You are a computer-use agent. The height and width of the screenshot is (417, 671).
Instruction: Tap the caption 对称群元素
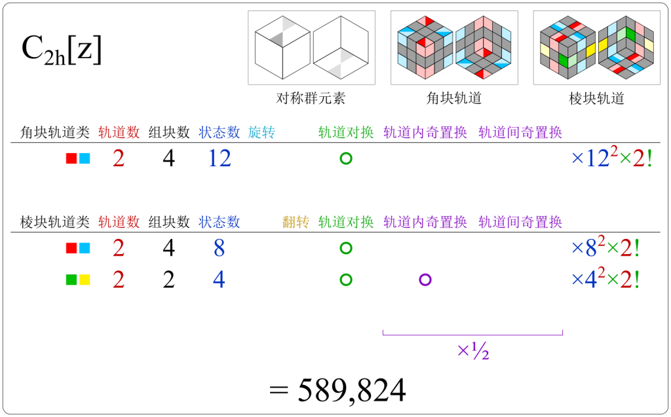click(311, 99)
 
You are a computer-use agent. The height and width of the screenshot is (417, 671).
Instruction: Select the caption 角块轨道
click(454, 99)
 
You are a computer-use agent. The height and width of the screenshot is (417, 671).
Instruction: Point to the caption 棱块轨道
click(597, 99)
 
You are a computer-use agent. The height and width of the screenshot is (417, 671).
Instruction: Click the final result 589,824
click(337, 390)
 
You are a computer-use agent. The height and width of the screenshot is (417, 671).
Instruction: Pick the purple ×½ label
click(473, 352)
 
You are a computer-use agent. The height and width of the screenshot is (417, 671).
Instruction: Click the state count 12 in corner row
click(219, 158)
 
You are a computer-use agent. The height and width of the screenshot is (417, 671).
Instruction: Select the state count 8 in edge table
click(219, 249)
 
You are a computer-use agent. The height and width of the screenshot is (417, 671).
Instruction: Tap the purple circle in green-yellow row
click(425, 280)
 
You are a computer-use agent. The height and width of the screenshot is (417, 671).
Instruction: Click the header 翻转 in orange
click(296, 222)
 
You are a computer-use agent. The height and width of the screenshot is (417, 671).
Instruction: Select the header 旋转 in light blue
click(261, 132)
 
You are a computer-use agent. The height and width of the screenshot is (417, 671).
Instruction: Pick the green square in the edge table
click(71, 280)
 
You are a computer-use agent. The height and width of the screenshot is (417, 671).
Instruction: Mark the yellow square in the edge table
click(85, 280)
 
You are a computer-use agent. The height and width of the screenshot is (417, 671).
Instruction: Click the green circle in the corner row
click(346, 158)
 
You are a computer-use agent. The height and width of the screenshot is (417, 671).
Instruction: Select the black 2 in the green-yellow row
click(168, 280)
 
